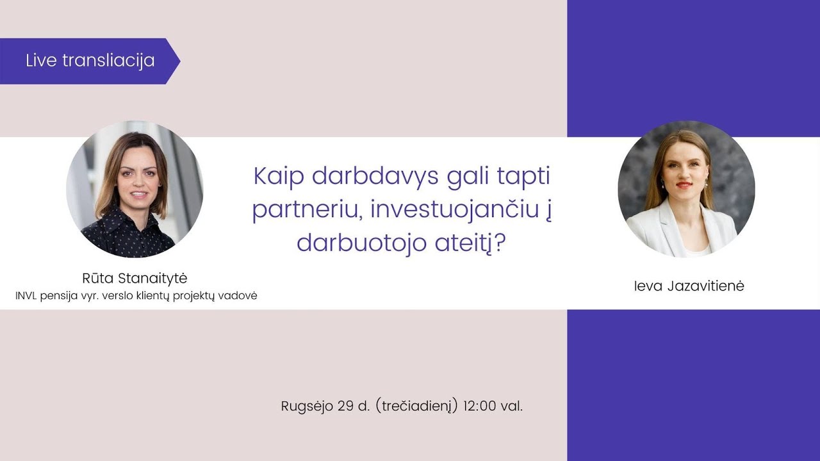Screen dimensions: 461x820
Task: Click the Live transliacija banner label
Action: pyautogui.click(x=90, y=61)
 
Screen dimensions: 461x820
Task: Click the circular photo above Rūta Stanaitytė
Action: pyautogui.click(x=135, y=190)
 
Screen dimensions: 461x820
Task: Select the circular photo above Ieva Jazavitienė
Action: pyautogui.click(x=686, y=190)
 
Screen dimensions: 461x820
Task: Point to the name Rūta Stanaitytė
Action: pyautogui.click(x=135, y=279)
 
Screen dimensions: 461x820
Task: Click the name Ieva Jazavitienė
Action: pyautogui.click(x=689, y=286)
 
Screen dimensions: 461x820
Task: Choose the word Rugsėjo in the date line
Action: pyautogui.click(x=306, y=407)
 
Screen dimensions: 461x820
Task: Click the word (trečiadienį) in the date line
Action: pyautogui.click(x=416, y=407)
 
